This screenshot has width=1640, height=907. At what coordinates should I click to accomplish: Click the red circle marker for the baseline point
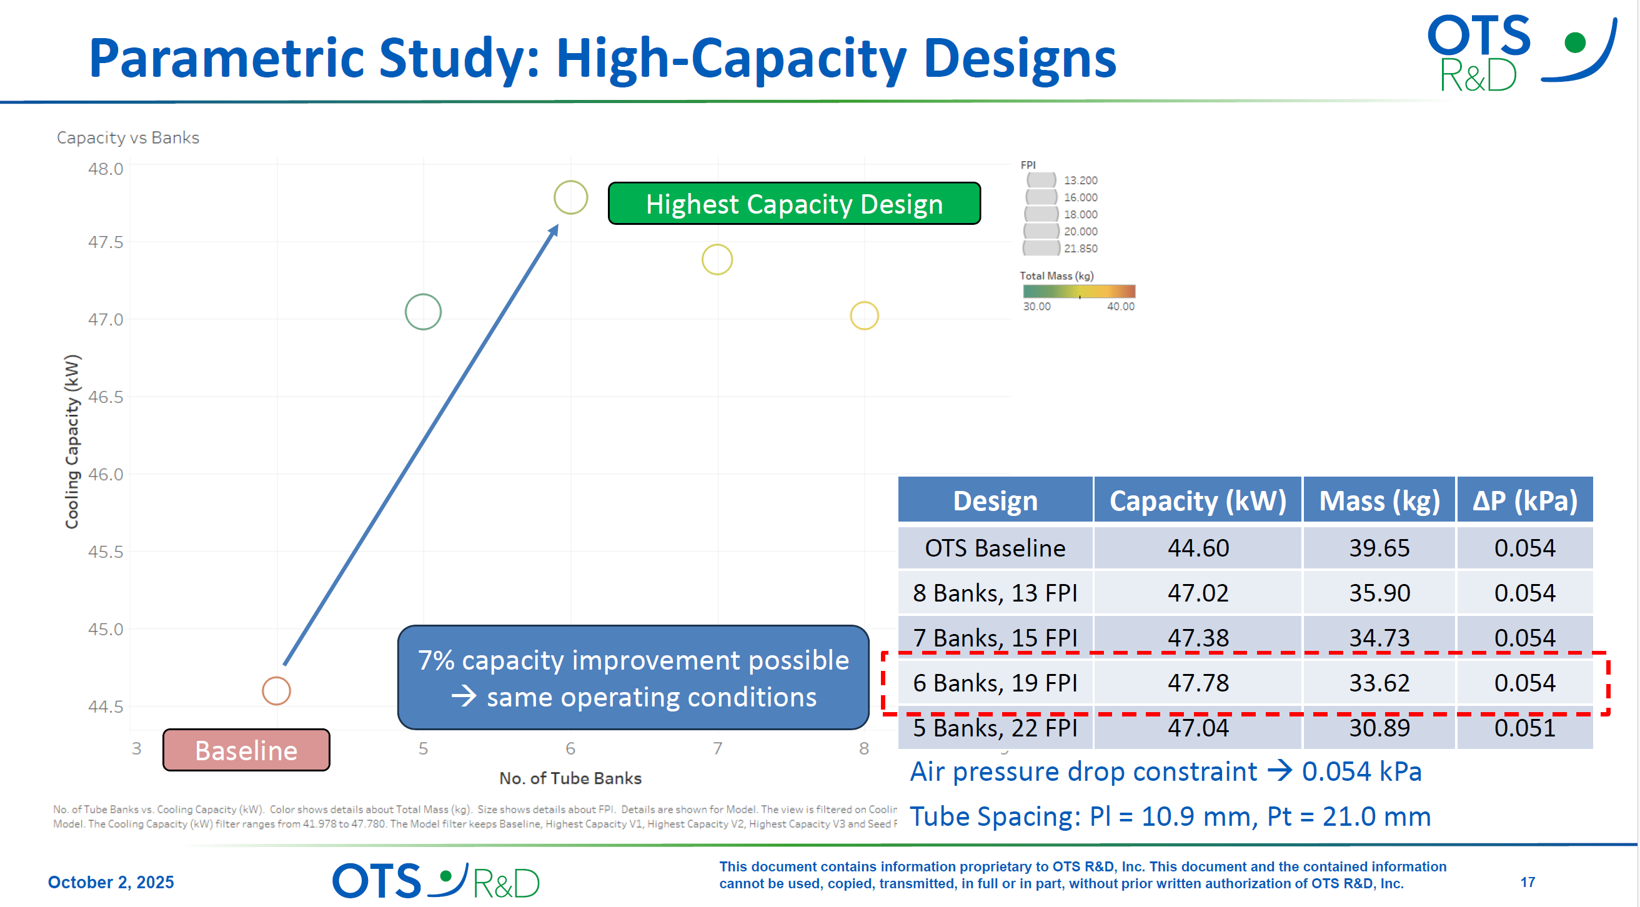click(276, 691)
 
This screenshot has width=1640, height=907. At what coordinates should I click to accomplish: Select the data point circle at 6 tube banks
click(570, 197)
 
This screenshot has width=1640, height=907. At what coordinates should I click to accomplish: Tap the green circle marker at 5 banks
click(423, 312)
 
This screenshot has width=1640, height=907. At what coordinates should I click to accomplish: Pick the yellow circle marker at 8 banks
click(864, 315)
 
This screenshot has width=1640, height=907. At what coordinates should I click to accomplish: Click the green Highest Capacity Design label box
click(794, 204)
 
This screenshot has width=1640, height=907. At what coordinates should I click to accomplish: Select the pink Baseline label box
click(246, 750)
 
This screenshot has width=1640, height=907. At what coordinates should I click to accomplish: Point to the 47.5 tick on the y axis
click(105, 242)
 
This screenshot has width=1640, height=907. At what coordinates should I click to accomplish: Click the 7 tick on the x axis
click(717, 748)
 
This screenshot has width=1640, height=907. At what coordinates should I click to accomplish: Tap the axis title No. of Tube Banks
click(570, 778)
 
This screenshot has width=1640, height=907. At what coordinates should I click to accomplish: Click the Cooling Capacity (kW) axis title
click(72, 441)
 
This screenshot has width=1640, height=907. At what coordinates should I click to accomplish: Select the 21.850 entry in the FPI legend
click(1080, 249)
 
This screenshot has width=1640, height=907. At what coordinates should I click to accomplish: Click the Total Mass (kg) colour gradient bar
click(1078, 292)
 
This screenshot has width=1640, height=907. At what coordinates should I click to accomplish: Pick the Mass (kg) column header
click(1379, 501)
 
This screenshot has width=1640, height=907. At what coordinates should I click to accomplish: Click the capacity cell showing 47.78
click(1198, 683)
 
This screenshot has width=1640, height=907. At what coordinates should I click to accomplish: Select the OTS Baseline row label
click(995, 548)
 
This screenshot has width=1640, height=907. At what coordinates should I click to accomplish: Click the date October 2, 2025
click(111, 882)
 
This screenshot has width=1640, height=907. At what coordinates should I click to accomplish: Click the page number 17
click(1528, 882)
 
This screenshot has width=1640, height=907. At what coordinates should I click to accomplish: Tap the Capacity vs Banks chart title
click(128, 137)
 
